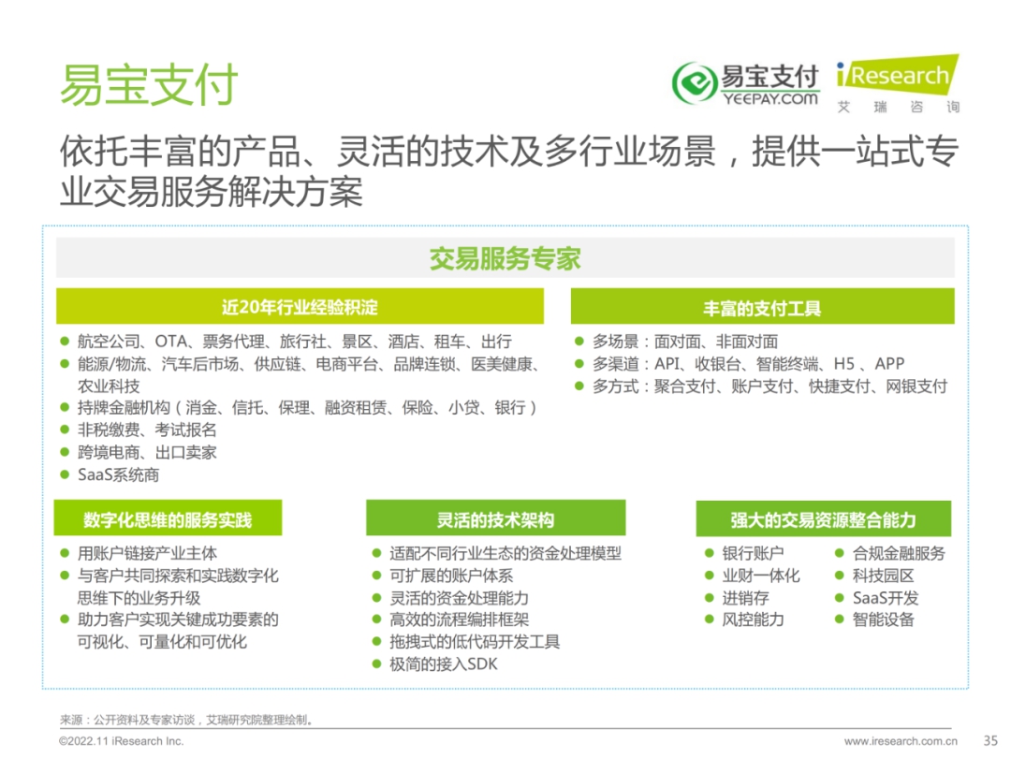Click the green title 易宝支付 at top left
point(149,84)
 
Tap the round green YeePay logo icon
point(695,82)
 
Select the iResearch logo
point(898,84)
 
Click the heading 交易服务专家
point(505,258)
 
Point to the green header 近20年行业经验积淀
point(300,307)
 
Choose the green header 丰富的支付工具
point(762,308)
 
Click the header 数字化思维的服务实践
point(168,518)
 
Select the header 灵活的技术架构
point(496,518)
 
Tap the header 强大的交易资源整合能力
point(824,518)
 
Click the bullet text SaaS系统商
point(119,475)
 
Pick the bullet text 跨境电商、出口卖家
point(147,453)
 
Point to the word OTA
point(171,341)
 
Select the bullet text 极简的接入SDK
point(444,663)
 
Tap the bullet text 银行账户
point(753,553)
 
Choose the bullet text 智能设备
point(884,620)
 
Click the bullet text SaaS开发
point(886,597)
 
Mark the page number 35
point(990,740)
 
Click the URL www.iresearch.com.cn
point(901,741)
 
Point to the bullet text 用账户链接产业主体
point(147,553)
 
